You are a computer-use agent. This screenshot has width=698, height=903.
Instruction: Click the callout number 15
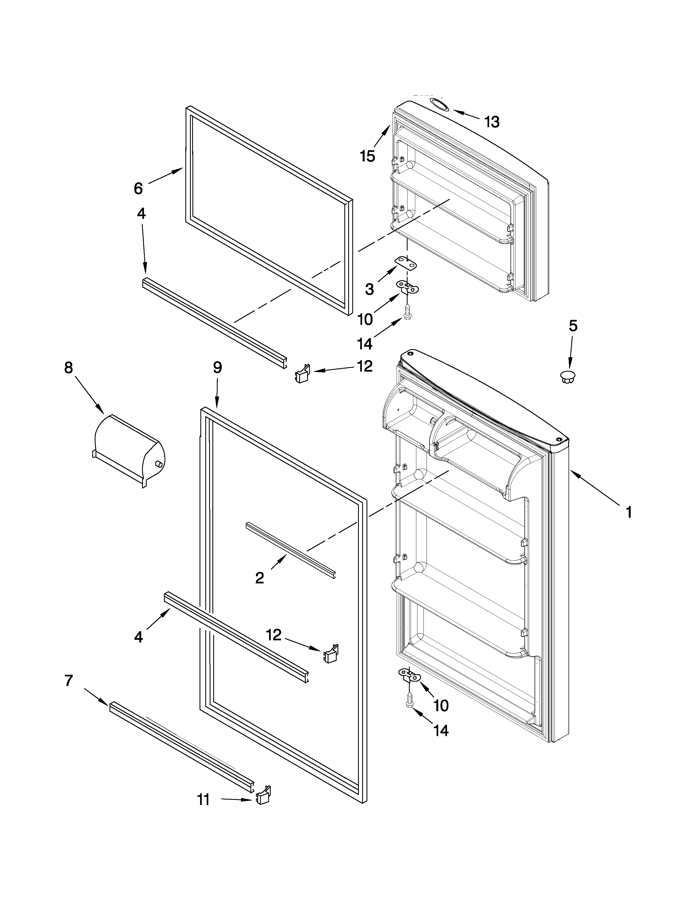pyautogui.click(x=367, y=156)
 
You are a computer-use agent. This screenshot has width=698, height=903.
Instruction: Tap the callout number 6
pyautogui.click(x=138, y=189)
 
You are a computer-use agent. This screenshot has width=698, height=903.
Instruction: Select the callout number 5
pyautogui.click(x=572, y=326)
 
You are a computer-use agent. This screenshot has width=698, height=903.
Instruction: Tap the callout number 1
pyautogui.click(x=628, y=513)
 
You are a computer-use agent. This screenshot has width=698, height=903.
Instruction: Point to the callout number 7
pyautogui.click(x=69, y=680)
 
